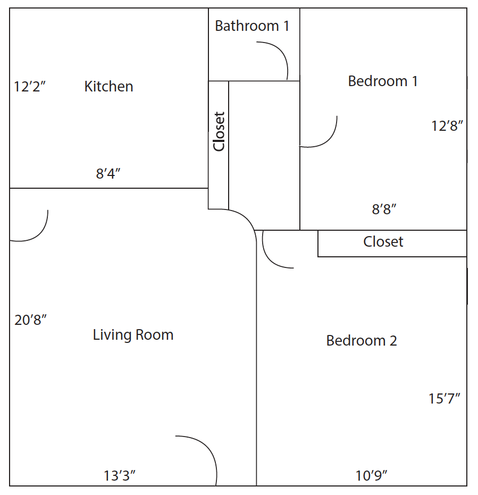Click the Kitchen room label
point(108,87)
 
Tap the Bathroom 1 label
point(252,26)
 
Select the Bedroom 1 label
point(383,81)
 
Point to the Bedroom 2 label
point(362,341)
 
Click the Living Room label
point(133,335)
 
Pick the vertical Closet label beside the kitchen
point(219,132)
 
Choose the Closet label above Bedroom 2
point(383,242)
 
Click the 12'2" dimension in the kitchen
point(30,87)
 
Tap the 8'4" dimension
point(108,174)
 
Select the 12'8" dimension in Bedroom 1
point(447,126)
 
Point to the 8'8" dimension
point(384,209)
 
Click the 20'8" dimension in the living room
point(30,320)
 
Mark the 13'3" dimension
point(119,476)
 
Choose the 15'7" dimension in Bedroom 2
point(444,399)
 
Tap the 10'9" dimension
point(371,476)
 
